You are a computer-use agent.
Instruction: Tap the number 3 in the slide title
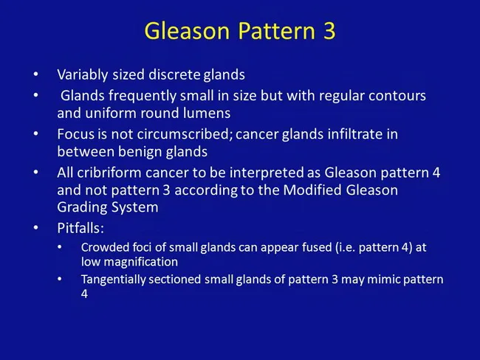[329, 31]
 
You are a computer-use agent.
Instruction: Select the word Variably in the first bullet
[82, 75]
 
